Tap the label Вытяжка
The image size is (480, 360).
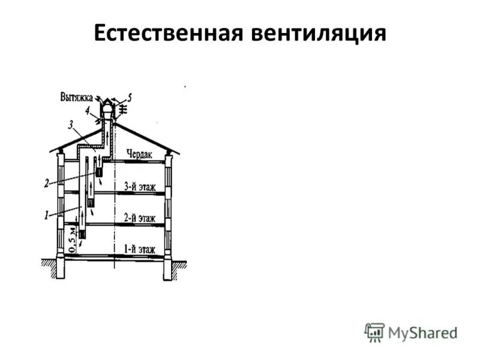pyautogui.click(x=76, y=95)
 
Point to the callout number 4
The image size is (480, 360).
pyautogui.click(x=88, y=110)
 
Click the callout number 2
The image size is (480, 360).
pyautogui.click(x=46, y=184)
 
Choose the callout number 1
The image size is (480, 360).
pyautogui.click(x=46, y=215)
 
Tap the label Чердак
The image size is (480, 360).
pyautogui.click(x=139, y=154)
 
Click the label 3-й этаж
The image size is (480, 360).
pyautogui.click(x=140, y=187)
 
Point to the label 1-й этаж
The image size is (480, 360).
pyautogui.click(x=140, y=248)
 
